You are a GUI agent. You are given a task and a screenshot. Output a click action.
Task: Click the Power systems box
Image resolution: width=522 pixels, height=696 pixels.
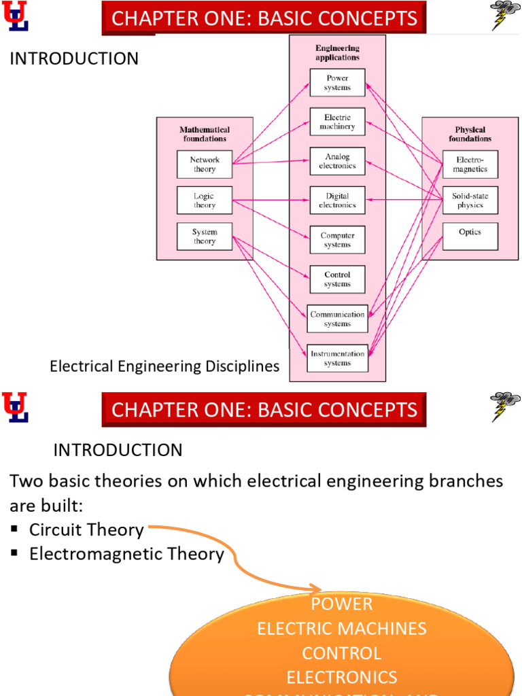pos(337,83)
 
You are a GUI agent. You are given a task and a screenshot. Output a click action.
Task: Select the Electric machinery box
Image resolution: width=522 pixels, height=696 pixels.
pos(337,122)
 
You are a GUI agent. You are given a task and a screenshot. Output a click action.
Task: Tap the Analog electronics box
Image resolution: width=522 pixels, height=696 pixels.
pos(337,162)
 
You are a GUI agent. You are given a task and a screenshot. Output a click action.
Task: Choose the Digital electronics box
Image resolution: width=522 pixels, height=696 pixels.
pos(337,201)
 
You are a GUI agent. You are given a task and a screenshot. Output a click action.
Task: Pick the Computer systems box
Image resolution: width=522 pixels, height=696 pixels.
pos(337,240)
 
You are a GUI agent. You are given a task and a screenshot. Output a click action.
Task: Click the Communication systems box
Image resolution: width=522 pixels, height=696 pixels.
pos(337,319)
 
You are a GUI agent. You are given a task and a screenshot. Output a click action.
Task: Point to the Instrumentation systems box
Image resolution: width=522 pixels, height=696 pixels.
pos(337,358)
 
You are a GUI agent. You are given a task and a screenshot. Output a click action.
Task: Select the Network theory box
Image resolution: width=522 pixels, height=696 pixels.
pos(205,164)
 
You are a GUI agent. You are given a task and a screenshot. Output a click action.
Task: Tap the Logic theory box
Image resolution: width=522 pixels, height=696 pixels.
pos(205,201)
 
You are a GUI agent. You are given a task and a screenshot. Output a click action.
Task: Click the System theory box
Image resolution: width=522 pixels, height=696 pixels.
pos(205,237)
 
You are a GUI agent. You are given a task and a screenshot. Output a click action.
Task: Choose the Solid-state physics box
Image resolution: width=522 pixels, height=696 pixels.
pos(470,201)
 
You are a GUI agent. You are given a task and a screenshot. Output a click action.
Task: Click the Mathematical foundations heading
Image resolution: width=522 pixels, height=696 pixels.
pos(205,134)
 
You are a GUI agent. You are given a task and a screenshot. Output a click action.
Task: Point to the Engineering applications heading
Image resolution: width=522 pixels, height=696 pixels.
pos(337,53)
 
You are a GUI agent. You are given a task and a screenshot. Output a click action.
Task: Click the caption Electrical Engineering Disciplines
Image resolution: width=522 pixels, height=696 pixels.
pos(164,366)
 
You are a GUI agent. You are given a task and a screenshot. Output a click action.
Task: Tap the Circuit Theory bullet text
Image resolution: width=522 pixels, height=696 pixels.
pos(86,530)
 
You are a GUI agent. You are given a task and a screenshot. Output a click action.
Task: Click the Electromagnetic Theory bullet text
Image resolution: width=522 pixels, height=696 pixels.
pos(126,554)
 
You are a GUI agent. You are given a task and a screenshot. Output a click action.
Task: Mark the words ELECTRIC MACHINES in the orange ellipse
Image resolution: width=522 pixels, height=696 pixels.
pos(342,628)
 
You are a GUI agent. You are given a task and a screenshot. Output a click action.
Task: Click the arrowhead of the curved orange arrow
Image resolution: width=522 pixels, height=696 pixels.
pos(316,589)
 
